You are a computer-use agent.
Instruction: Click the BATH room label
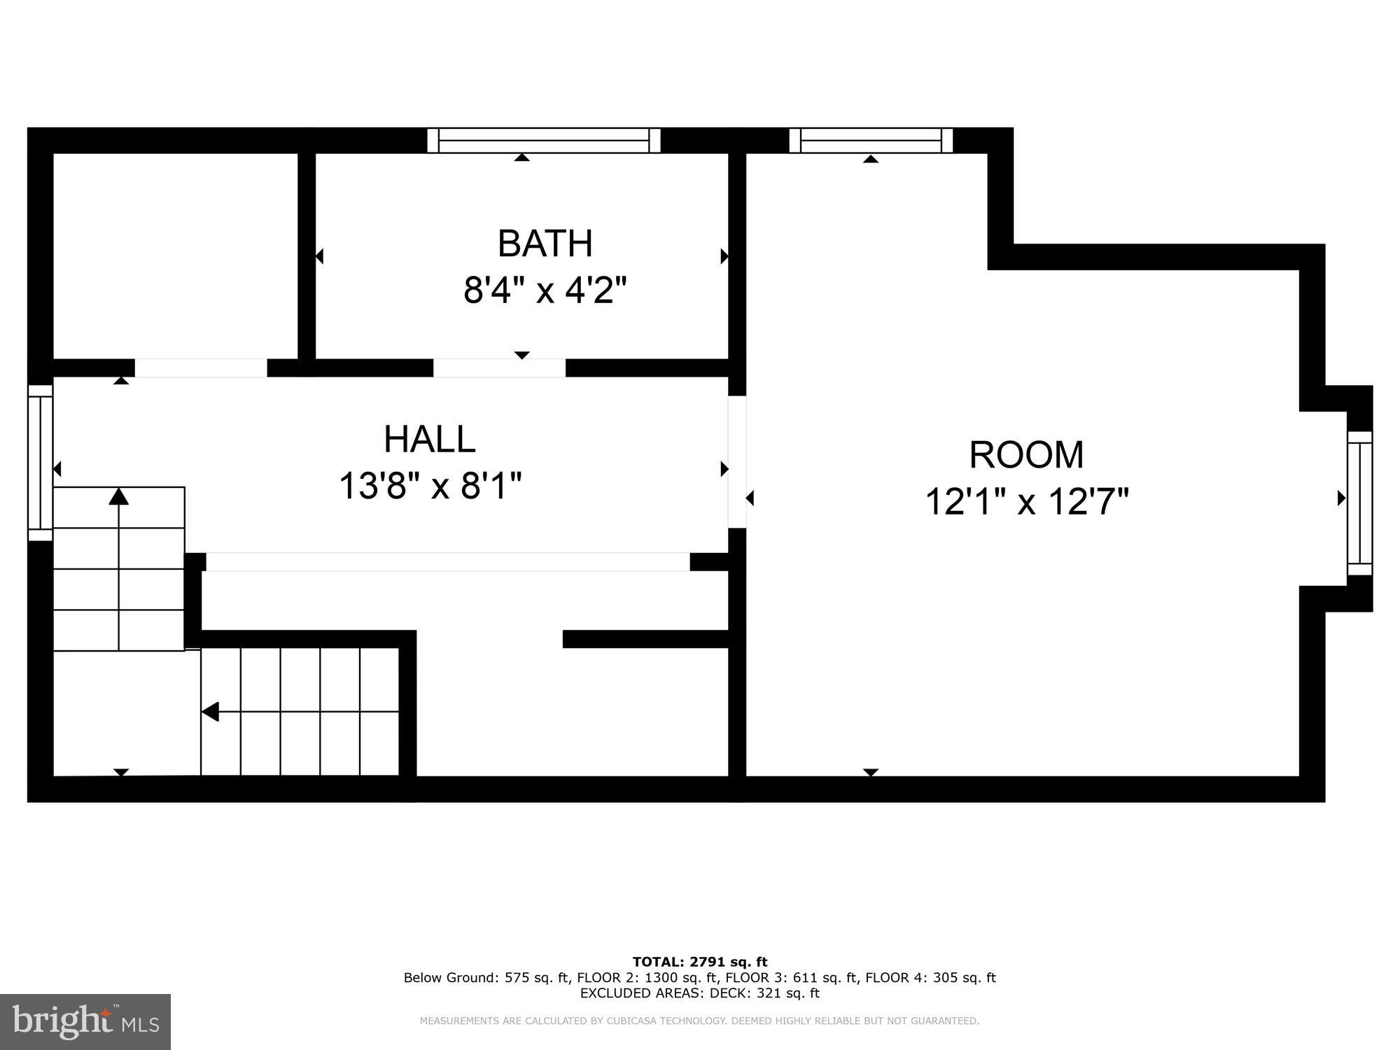pyautogui.click(x=545, y=244)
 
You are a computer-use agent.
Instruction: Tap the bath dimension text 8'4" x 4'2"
pyautogui.click(x=545, y=289)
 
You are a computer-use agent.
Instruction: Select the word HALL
pyautogui.click(x=429, y=440)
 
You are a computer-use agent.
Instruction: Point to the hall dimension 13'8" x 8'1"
pyautogui.click(x=430, y=486)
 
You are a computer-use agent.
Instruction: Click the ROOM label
pyautogui.click(x=1026, y=455)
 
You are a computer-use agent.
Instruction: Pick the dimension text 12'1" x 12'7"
pyautogui.click(x=1027, y=502)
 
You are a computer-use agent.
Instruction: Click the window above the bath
pyautogui.click(x=544, y=140)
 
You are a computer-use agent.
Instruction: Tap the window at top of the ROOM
pyautogui.click(x=871, y=140)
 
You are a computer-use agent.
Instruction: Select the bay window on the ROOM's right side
pyautogui.click(x=1359, y=503)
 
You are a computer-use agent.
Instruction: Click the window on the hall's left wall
pyautogui.click(x=41, y=463)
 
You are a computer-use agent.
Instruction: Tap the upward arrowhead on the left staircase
pyautogui.click(x=119, y=496)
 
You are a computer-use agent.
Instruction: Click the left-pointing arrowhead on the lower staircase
pyautogui.click(x=210, y=712)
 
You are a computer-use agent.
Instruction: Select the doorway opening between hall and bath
pyautogui.click(x=499, y=367)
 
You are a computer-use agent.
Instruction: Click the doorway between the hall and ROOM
pyautogui.click(x=737, y=462)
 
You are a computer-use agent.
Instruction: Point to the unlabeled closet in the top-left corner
pyautogui.click(x=175, y=255)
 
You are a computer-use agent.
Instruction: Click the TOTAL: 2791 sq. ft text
pyautogui.click(x=700, y=962)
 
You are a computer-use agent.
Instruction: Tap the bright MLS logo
pyautogui.click(x=85, y=1022)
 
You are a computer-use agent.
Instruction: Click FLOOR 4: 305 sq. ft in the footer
pyautogui.click(x=930, y=977)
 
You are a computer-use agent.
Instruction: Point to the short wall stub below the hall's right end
pyautogui.click(x=710, y=561)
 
